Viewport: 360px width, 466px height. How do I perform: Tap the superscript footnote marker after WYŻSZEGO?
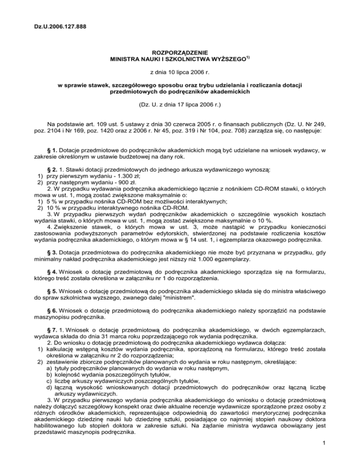[x=249, y=58]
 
